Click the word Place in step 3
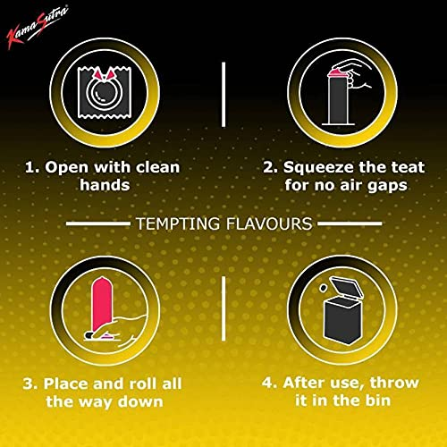pyautogui.click(x=58, y=384)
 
